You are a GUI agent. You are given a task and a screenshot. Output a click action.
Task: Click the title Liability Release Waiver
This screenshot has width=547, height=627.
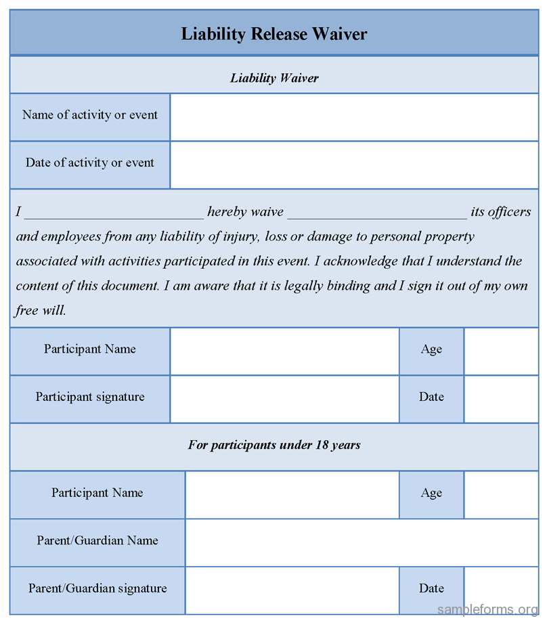[x=273, y=33]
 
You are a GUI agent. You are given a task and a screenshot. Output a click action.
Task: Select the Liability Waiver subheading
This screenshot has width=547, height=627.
[x=273, y=78]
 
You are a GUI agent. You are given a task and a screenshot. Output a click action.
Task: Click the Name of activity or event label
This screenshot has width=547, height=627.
[x=90, y=115]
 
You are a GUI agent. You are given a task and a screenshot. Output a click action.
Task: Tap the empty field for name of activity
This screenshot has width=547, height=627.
[x=354, y=117]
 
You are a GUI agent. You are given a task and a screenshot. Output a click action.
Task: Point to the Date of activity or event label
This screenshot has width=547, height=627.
[x=90, y=163]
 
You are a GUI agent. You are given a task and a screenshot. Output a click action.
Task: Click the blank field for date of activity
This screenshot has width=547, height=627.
[x=354, y=165]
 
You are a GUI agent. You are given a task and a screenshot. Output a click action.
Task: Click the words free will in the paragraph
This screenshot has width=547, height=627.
[x=41, y=311]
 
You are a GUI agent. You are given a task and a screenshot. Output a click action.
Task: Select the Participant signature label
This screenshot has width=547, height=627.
[x=90, y=397]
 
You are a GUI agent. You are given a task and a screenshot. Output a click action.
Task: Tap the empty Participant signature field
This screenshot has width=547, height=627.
[x=284, y=399]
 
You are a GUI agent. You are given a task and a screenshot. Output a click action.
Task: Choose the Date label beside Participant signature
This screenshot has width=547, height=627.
[x=431, y=397]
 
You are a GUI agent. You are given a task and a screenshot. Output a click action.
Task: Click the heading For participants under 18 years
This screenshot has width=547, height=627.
[x=273, y=446]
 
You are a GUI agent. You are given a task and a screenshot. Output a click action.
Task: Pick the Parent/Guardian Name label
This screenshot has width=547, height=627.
[x=97, y=541]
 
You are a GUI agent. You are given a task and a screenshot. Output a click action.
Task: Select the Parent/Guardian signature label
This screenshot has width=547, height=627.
[x=97, y=589]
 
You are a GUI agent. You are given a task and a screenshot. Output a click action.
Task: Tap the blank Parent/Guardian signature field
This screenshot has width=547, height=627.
[x=292, y=590]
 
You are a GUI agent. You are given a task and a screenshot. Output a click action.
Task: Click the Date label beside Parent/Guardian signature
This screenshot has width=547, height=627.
[x=431, y=589]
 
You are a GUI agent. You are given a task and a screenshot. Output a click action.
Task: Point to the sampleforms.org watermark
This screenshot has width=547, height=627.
[x=487, y=609]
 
